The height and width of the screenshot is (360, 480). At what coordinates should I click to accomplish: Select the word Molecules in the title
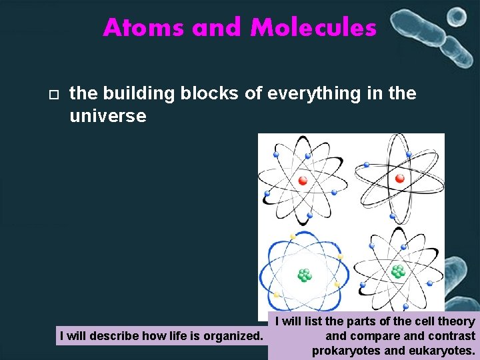coord(313,28)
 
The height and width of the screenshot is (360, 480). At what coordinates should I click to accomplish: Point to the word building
coord(137,94)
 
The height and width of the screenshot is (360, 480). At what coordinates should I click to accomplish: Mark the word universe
coord(107,116)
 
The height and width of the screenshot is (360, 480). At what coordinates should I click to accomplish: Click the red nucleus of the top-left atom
coord(303,180)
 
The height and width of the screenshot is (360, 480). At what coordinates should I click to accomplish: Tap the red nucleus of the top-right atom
coord(399,178)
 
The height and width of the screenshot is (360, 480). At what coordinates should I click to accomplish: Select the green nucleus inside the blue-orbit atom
coord(304,275)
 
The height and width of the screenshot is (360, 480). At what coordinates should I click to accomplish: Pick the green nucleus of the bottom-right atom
coord(398,271)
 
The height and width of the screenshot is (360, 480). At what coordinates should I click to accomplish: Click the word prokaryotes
coord(345,351)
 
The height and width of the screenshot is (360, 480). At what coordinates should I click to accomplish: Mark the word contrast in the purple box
coord(453,336)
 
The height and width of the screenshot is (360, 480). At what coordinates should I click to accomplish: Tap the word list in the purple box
coord(311,322)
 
